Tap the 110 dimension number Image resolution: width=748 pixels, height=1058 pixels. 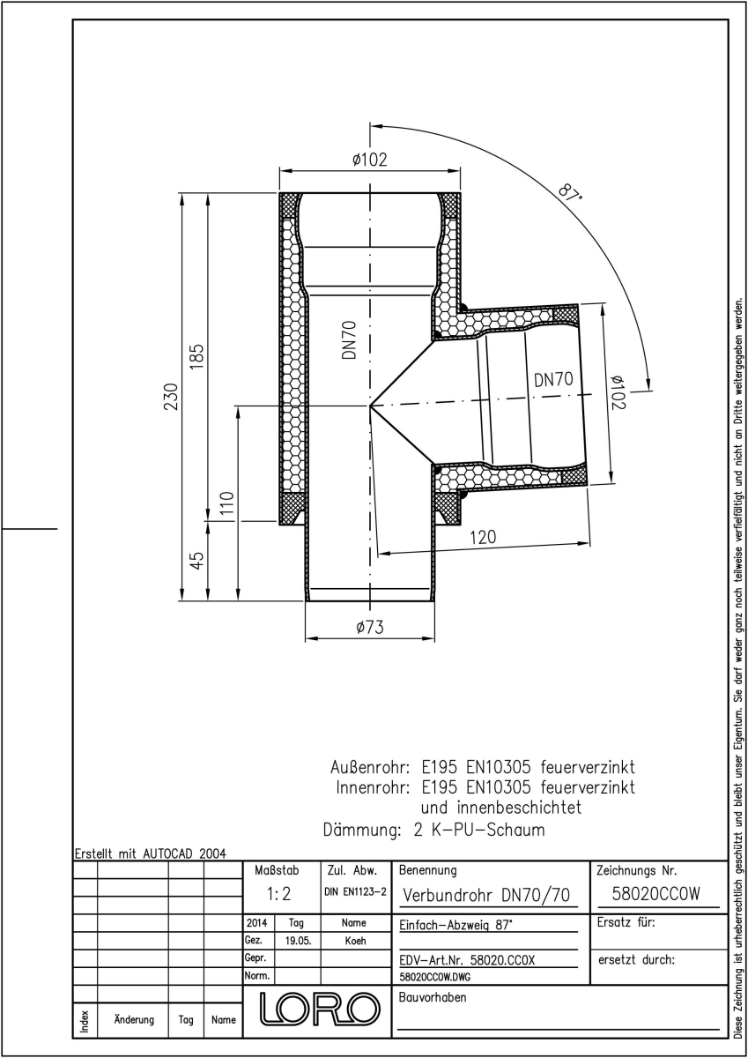click(227, 506)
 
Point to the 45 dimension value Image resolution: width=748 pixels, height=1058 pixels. click(198, 561)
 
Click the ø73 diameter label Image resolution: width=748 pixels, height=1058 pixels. click(370, 627)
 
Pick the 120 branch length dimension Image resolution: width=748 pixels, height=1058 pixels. click(483, 537)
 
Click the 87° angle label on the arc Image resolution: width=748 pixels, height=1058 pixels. click(570, 192)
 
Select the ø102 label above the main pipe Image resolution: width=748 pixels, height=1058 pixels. click(370, 160)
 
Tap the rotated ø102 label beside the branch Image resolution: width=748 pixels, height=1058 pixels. click(618, 392)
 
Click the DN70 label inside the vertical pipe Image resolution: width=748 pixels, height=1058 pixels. click(349, 340)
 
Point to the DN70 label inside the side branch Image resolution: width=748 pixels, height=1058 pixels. click(553, 380)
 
